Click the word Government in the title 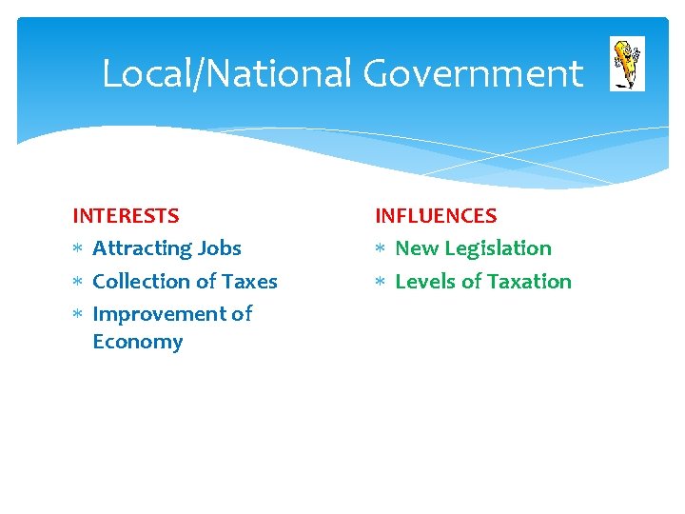[x=473, y=74]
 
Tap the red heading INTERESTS [x=126, y=216]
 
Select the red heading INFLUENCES [x=436, y=216]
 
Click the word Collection [x=142, y=281]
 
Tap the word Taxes [x=249, y=281]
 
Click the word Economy [x=137, y=342]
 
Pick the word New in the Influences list [x=416, y=248]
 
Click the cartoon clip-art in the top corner [x=627, y=64]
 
